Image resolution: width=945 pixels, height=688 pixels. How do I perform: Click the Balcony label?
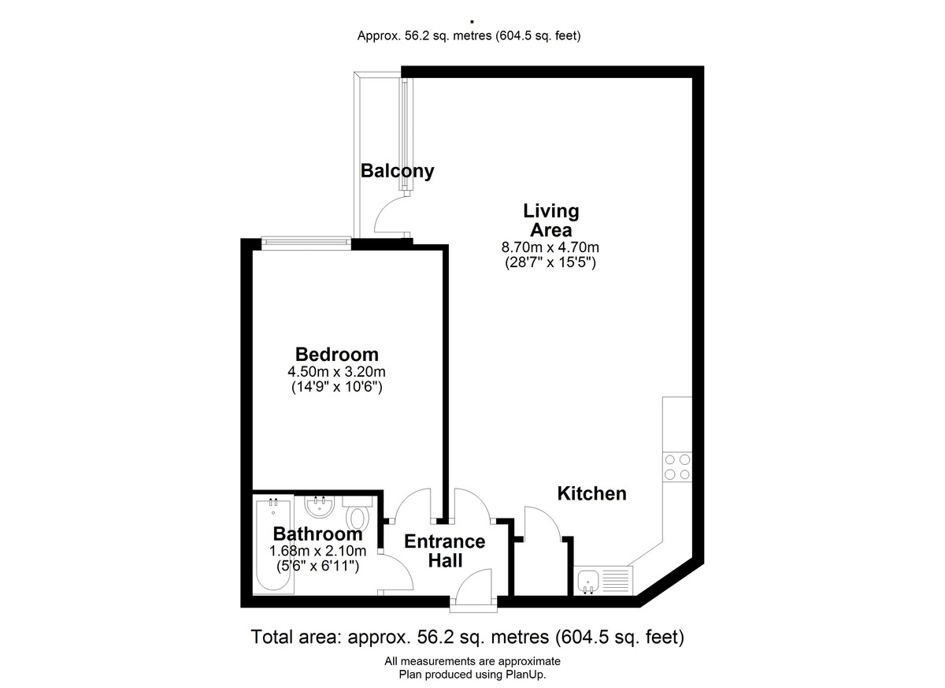[397, 171]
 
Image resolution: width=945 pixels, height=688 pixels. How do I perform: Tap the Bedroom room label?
[337, 354]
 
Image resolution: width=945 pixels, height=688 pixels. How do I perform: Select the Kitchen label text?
[591, 493]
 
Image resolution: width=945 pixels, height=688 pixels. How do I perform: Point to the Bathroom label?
[317, 534]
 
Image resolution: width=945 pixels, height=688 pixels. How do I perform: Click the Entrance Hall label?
[445, 551]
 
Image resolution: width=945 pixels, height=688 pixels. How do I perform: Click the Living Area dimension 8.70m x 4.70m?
[550, 247]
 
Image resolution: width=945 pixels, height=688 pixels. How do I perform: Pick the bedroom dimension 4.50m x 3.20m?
[336, 372]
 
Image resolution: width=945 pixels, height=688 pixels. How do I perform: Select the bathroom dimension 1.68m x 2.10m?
[317, 551]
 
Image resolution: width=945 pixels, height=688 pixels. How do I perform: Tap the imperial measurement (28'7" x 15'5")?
[550, 262]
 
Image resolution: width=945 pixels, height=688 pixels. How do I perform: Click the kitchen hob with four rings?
[677, 467]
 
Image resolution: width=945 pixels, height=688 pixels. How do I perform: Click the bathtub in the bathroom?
[274, 547]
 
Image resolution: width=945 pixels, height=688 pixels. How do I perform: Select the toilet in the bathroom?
[358, 513]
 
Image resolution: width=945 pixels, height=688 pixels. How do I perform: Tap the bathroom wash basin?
[320, 507]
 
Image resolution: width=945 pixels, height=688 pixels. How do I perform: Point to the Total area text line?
[468, 637]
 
